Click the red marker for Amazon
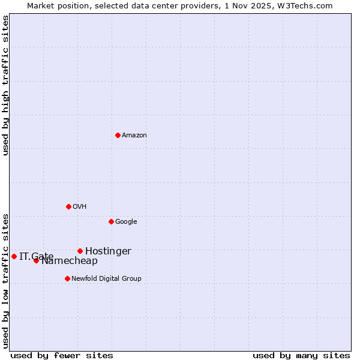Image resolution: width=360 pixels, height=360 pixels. [118, 135]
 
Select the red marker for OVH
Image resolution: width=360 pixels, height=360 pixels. [68, 206]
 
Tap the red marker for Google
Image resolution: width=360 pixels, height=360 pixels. [111, 221]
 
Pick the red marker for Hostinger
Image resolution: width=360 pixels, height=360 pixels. [80, 251]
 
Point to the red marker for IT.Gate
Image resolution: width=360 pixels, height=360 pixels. [14, 256]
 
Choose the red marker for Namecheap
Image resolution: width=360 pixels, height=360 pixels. [36, 260]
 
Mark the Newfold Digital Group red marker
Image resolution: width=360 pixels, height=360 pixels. [67, 278]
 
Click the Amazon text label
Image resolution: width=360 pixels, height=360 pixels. [134, 136]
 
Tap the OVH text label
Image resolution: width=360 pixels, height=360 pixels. [80, 207]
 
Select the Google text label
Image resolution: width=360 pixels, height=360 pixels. [126, 222]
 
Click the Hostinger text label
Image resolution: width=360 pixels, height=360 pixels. [108, 251]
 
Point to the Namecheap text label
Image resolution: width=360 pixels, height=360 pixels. [70, 261]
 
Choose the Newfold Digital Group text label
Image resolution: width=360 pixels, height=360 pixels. [107, 279]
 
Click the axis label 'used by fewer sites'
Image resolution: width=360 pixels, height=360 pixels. [62, 356]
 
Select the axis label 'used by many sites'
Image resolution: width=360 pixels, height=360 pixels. [301, 356]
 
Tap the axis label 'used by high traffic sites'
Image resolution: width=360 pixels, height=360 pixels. [5, 86]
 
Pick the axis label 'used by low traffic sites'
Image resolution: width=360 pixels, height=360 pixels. [5, 280]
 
